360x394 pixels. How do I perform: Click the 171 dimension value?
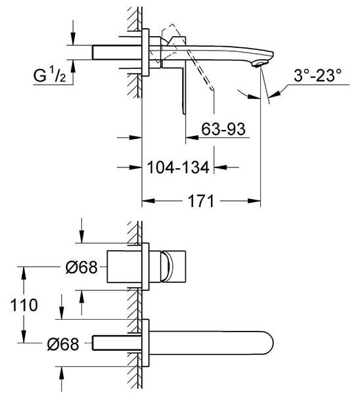pyautogui.click(x=201, y=201)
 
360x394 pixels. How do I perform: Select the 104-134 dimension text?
pyautogui.click(x=178, y=167)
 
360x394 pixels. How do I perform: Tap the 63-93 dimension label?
pyautogui.click(x=223, y=129)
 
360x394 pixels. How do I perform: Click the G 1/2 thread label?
pyautogui.click(x=50, y=76)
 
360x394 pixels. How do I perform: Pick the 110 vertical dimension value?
pyautogui.click(x=24, y=305)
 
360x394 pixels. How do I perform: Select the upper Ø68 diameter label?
pyautogui.click(x=81, y=267)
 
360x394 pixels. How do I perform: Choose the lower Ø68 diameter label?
pyautogui.click(x=63, y=344)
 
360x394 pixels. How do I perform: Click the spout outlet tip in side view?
pyautogui.click(x=258, y=64)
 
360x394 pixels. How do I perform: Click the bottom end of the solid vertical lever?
pyautogui.click(x=184, y=112)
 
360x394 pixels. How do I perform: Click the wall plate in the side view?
pyautogui.click(x=146, y=53)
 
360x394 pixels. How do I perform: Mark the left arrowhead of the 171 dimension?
pyautogui.click(x=148, y=201)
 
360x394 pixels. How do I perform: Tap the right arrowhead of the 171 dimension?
pyautogui.click(x=254, y=201)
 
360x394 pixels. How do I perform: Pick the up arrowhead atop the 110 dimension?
pyautogui.click(x=24, y=273)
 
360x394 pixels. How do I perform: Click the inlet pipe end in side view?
pyautogui.click(x=93, y=53)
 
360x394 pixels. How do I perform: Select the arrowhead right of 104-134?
pyautogui.click(x=220, y=167)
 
